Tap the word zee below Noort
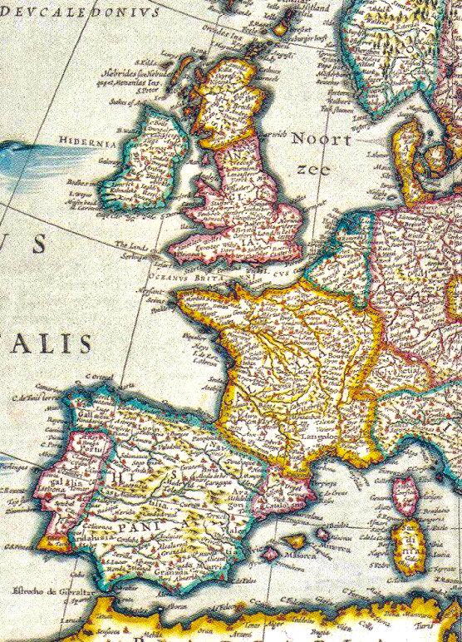click(313, 170)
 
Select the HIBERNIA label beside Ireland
click(81, 141)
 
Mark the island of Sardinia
click(407, 549)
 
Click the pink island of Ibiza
click(270, 552)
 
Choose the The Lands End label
click(133, 245)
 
